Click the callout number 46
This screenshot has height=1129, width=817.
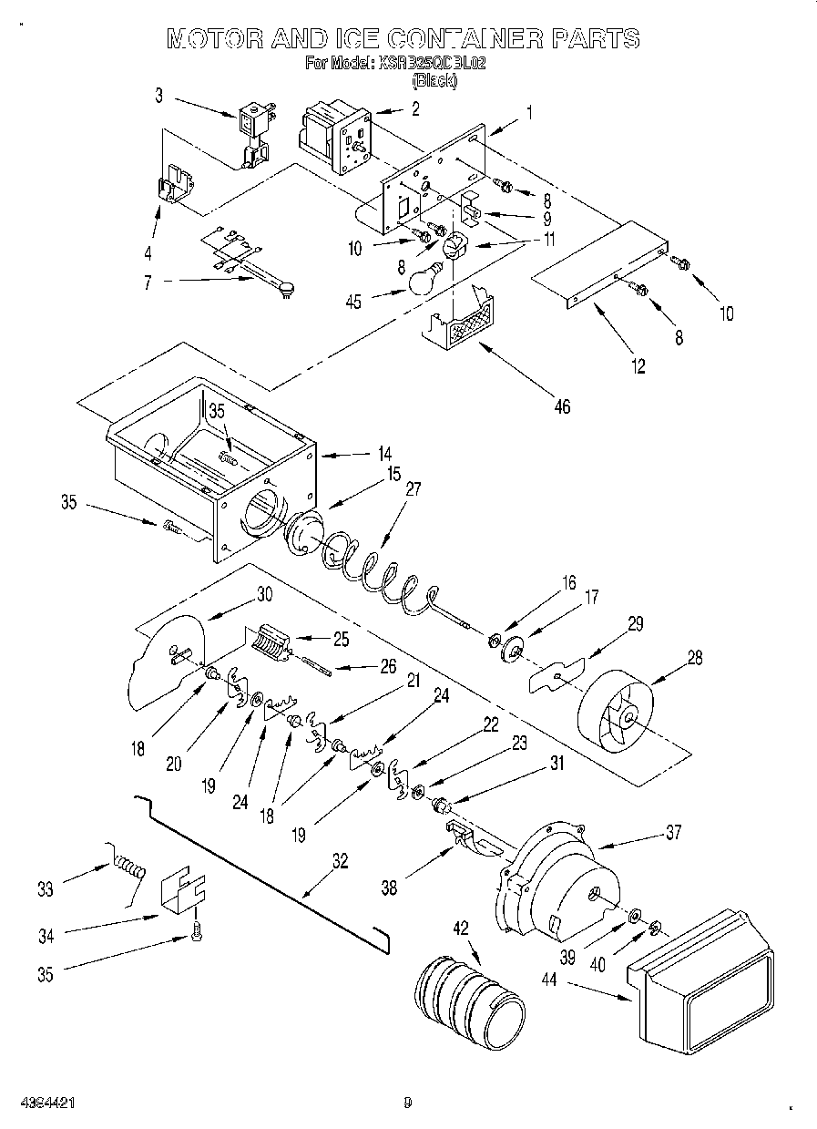pyautogui.click(x=562, y=406)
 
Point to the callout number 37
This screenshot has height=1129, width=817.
pyautogui.click(x=673, y=832)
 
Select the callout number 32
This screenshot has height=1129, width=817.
pyautogui.click(x=340, y=861)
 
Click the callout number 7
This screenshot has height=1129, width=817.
pyautogui.click(x=147, y=282)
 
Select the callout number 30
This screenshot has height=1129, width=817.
pyautogui.click(x=264, y=593)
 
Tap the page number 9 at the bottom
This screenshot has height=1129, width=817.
pyautogui.click(x=408, y=1102)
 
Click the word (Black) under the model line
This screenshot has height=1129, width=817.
pyautogui.click(x=434, y=80)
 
